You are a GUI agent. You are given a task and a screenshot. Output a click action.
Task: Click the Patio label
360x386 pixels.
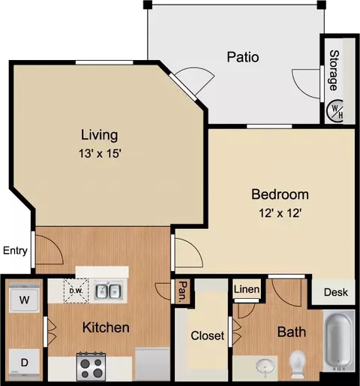243,57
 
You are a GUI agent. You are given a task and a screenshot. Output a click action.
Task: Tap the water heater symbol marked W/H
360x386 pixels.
334,110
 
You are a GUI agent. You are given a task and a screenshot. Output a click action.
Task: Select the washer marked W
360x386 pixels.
24,300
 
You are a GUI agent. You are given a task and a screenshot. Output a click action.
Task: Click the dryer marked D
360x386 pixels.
24,362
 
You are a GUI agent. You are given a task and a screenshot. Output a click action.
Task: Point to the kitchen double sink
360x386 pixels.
108,291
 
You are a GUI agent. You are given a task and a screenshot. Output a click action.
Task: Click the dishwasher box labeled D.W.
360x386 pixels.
76,291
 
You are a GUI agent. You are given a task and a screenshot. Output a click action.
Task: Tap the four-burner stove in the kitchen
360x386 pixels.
91,366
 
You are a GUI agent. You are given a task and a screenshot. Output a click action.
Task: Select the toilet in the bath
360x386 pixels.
298,364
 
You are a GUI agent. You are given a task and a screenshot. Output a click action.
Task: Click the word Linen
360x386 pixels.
247,289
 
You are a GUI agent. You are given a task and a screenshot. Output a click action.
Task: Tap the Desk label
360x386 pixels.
336,292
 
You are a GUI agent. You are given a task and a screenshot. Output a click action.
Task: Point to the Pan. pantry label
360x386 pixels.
183,291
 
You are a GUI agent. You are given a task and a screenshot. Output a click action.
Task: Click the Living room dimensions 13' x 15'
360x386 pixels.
100,153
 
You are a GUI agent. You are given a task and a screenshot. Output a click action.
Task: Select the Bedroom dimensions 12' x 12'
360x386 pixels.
280,213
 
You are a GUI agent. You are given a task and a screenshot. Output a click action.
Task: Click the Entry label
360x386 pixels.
15,251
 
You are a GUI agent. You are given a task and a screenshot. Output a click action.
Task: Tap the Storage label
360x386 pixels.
334,71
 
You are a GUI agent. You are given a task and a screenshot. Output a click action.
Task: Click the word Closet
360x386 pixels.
208,336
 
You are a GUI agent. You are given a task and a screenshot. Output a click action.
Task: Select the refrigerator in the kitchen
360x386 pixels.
152,364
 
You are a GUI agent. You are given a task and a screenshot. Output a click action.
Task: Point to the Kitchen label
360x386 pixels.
106,327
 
